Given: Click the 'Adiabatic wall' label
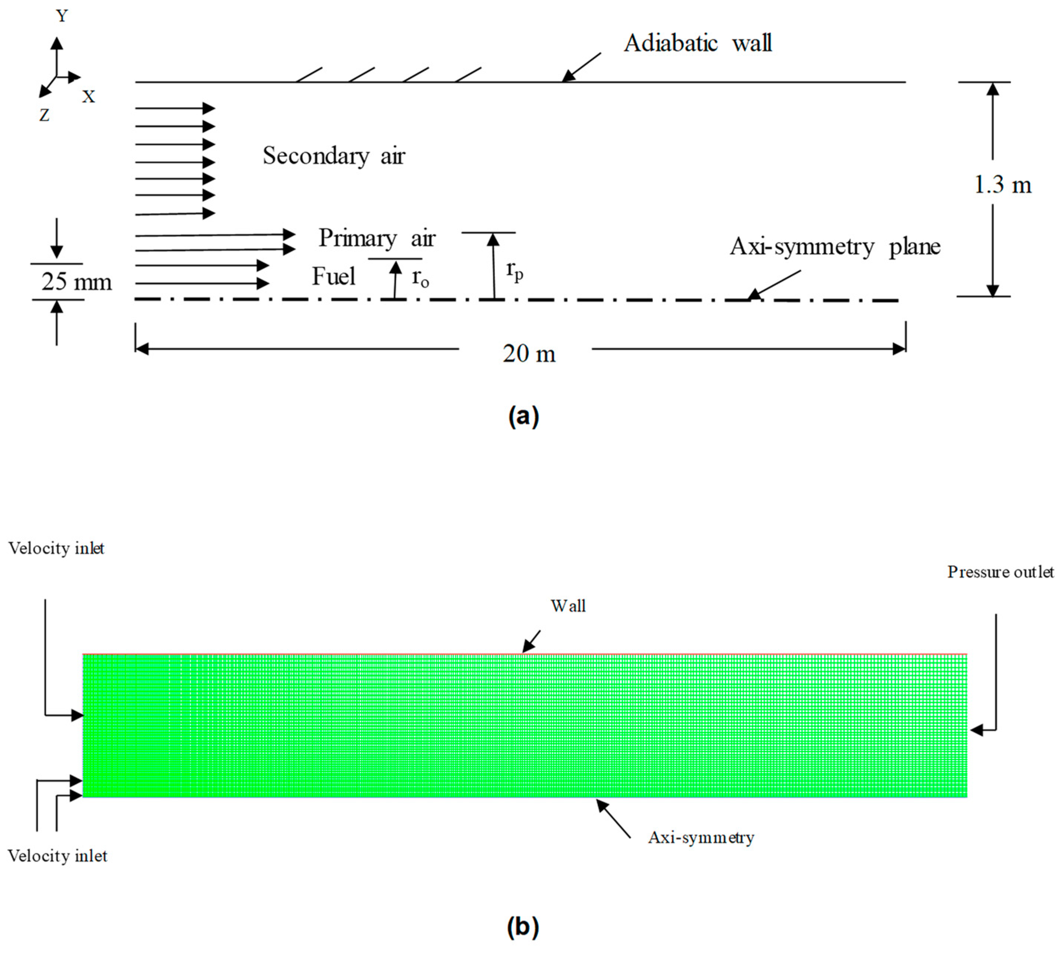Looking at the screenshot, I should click(697, 43).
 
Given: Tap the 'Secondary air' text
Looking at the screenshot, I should click(334, 156).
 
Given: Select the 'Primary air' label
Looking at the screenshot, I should click(377, 239).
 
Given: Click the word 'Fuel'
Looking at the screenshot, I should click(333, 276).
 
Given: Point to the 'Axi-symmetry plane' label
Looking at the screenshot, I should click(835, 246).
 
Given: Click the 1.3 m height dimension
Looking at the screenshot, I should click(1002, 185).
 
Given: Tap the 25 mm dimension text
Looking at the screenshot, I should click(76, 282).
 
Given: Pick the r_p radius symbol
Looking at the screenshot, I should click(514, 270).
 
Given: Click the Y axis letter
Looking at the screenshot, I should click(62, 16).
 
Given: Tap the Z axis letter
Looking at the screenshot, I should click(44, 115).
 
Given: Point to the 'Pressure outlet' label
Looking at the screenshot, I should click(1000, 572).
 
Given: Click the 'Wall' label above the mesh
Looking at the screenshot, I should click(568, 606).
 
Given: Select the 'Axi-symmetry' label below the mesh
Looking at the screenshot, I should click(701, 838).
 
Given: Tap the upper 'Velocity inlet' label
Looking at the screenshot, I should click(56, 548).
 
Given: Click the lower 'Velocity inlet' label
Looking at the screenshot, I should click(57, 856).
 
